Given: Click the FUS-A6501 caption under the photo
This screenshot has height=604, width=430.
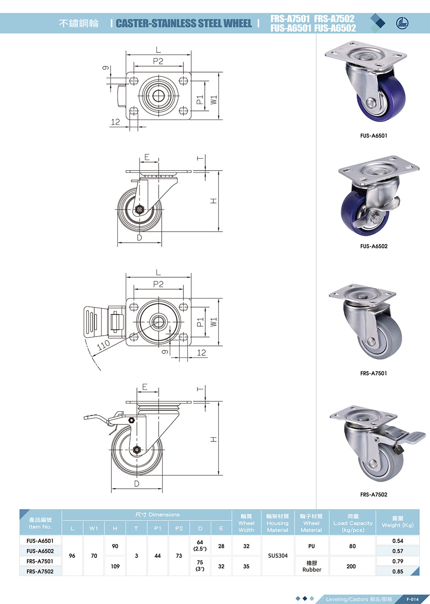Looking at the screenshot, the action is [x=374, y=136].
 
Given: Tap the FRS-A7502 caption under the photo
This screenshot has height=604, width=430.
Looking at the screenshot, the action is [x=374, y=494].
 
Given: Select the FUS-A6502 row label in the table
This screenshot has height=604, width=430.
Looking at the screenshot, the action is [x=40, y=551].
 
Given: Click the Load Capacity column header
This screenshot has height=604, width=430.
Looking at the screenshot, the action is [x=353, y=523].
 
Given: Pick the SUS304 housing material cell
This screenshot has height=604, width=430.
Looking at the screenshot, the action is [x=278, y=556].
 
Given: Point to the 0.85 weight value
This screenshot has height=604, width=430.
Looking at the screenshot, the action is [x=398, y=572].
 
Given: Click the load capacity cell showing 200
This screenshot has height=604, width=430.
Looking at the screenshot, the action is [x=351, y=566].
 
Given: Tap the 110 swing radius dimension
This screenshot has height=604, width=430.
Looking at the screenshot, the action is [x=103, y=345].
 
